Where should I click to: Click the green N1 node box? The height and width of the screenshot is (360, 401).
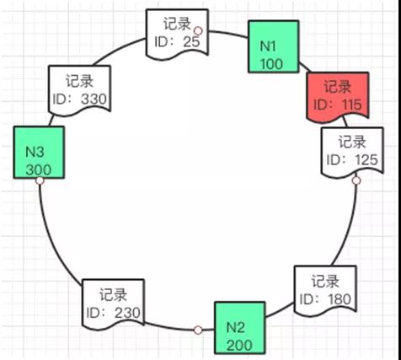(x=274, y=46)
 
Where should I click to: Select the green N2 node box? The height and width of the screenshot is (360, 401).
(x=240, y=328)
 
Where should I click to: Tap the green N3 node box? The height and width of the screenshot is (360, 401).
(x=39, y=153)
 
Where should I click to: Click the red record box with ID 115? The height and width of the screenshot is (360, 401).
(x=337, y=97)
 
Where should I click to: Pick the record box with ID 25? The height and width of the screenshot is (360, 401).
(x=177, y=35)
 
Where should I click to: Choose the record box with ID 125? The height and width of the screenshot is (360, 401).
(x=352, y=153)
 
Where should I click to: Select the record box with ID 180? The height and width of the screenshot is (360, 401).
(x=325, y=291)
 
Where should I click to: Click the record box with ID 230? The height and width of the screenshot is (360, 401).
(x=113, y=304)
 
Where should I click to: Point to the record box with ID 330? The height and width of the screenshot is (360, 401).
(x=79, y=91)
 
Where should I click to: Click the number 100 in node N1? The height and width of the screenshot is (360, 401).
(x=271, y=64)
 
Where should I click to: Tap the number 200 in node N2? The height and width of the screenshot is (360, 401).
(x=239, y=346)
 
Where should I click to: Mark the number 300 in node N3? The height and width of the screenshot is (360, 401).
(x=39, y=170)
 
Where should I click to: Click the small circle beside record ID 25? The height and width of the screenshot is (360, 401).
(x=198, y=30)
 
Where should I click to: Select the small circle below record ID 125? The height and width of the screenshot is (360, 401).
(x=356, y=180)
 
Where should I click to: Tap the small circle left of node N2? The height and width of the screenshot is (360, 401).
(x=198, y=330)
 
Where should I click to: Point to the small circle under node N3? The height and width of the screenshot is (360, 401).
(x=40, y=180)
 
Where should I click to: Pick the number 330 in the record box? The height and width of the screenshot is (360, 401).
(x=94, y=99)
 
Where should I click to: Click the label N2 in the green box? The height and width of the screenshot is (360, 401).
(x=235, y=327)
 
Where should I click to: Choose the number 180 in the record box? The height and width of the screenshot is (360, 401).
(x=340, y=299)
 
